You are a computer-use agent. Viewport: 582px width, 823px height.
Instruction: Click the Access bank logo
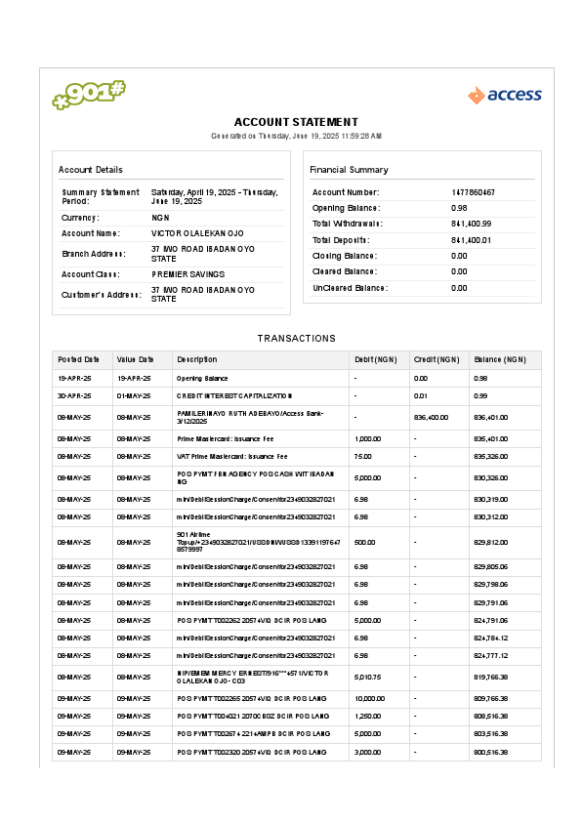click(x=504, y=95)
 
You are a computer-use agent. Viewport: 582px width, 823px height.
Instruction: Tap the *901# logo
click(x=89, y=95)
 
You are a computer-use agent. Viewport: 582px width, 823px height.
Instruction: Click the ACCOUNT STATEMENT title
click(x=296, y=121)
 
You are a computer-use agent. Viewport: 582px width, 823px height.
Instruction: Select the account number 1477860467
click(x=473, y=192)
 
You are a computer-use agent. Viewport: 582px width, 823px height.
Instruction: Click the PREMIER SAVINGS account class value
click(x=187, y=274)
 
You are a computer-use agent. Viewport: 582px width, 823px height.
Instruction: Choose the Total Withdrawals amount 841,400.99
click(x=471, y=224)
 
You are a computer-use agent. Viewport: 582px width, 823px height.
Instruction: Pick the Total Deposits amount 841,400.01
click(x=471, y=239)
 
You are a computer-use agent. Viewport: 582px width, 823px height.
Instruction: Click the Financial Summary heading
click(x=349, y=169)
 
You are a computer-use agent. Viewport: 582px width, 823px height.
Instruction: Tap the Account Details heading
click(x=91, y=169)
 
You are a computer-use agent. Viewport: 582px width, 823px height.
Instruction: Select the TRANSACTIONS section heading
click(x=296, y=338)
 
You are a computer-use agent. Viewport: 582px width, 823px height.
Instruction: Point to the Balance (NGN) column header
click(x=493, y=359)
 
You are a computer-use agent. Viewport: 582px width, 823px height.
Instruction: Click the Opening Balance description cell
click(x=202, y=377)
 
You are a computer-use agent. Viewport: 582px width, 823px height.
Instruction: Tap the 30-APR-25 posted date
click(x=74, y=395)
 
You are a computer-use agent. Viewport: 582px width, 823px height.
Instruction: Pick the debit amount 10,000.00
click(x=369, y=698)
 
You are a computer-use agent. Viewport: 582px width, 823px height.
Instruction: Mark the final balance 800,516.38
click(x=491, y=752)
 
